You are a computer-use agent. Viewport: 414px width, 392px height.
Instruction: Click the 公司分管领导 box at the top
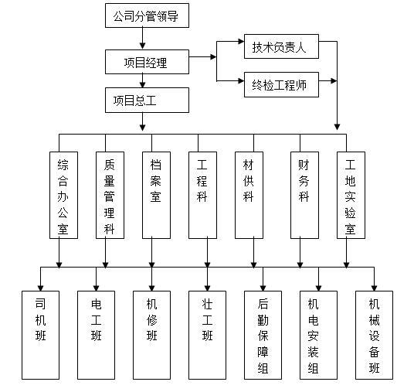(x=147, y=15)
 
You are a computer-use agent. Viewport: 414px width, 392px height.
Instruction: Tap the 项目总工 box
(x=147, y=100)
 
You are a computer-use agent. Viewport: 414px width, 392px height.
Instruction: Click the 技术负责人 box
(x=280, y=46)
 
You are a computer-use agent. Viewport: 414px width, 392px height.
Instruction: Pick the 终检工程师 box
(x=280, y=84)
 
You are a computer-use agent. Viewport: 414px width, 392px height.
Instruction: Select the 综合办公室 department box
(x=63, y=195)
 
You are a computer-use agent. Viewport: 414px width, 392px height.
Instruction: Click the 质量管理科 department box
(x=109, y=195)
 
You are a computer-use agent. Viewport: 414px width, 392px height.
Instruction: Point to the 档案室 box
(x=156, y=195)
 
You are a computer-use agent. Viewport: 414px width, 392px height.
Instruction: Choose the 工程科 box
(x=202, y=195)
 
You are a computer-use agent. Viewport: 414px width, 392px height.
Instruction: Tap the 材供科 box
(x=249, y=195)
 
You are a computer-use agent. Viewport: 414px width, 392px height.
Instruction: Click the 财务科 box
(x=304, y=195)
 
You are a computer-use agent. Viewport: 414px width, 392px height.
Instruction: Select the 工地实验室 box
(x=350, y=195)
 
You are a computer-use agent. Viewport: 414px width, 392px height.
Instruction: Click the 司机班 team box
(x=41, y=335)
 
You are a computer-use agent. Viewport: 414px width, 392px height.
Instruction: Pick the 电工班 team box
(x=96, y=335)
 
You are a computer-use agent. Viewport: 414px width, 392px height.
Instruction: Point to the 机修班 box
(x=151, y=335)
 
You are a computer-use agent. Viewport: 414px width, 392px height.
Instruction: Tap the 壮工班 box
(x=207, y=335)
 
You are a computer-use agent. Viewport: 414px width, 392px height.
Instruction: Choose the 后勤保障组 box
(x=263, y=335)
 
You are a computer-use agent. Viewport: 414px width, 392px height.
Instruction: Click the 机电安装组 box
(x=318, y=335)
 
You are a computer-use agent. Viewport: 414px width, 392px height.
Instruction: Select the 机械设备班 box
(x=374, y=335)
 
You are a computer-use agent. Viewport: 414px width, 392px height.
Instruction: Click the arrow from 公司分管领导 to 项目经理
(x=142, y=39)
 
